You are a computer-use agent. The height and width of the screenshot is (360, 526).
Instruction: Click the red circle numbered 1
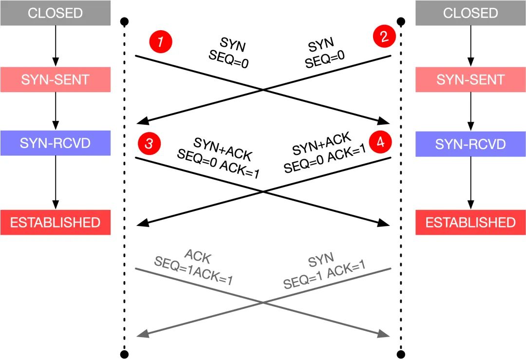(161, 41)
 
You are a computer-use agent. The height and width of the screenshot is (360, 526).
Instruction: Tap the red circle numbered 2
(384, 36)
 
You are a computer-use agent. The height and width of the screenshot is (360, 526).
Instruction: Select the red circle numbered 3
(150, 143)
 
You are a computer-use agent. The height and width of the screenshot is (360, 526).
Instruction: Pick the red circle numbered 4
(380, 142)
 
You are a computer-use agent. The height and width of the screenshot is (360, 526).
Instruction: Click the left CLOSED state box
(56, 13)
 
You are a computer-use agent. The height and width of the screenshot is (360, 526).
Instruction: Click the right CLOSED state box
(470, 13)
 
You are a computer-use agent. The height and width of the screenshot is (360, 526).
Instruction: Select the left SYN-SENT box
(56, 79)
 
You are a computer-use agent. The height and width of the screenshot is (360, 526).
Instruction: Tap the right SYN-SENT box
(470, 79)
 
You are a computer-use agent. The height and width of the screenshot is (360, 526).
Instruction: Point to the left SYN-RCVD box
(56, 143)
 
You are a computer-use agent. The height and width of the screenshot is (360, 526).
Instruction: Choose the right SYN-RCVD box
(470, 144)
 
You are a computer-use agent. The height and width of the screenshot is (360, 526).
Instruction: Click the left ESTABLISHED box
(56, 223)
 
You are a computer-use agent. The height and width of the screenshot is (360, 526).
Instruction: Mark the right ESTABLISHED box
(470, 223)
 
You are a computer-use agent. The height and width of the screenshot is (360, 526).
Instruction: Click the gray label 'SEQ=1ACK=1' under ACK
(193, 270)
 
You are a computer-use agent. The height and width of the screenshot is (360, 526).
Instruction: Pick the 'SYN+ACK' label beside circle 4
(322, 143)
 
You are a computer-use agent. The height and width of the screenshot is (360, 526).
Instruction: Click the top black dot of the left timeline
(124, 22)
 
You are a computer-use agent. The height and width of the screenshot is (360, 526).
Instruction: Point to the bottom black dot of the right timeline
(400, 354)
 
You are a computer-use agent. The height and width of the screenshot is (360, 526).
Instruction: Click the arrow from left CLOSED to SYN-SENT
(56, 46)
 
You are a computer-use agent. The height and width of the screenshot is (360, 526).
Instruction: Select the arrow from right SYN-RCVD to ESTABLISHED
(470, 183)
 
